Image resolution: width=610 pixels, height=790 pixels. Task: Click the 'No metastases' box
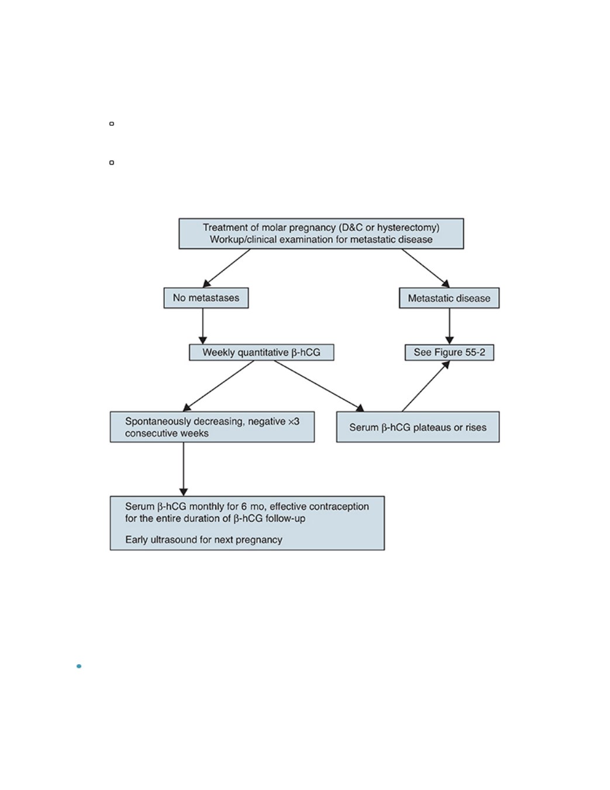point(206,298)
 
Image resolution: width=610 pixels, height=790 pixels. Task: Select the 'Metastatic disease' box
point(449,298)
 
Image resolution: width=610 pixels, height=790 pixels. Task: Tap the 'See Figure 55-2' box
point(449,352)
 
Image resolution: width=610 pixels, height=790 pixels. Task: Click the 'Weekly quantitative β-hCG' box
point(261,352)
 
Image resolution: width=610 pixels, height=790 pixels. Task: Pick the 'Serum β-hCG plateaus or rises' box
point(418,427)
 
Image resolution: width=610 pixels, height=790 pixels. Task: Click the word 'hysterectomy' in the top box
point(408,228)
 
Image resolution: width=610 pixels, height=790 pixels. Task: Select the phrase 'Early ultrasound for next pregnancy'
point(204,540)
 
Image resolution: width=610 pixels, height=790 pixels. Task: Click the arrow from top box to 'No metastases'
point(227,268)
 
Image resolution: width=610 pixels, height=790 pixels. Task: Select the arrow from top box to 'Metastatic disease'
point(425,268)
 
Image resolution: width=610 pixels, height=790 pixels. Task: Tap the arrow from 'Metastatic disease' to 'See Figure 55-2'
point(449,326)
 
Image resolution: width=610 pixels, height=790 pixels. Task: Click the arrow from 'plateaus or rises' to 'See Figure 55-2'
point(426,386)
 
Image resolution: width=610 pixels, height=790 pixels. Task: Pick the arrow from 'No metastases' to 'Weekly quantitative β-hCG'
point(203,326)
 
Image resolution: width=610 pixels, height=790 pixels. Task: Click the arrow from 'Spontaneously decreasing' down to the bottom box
point(184,469)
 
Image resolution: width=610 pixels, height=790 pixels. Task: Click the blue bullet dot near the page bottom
point(79,667)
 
